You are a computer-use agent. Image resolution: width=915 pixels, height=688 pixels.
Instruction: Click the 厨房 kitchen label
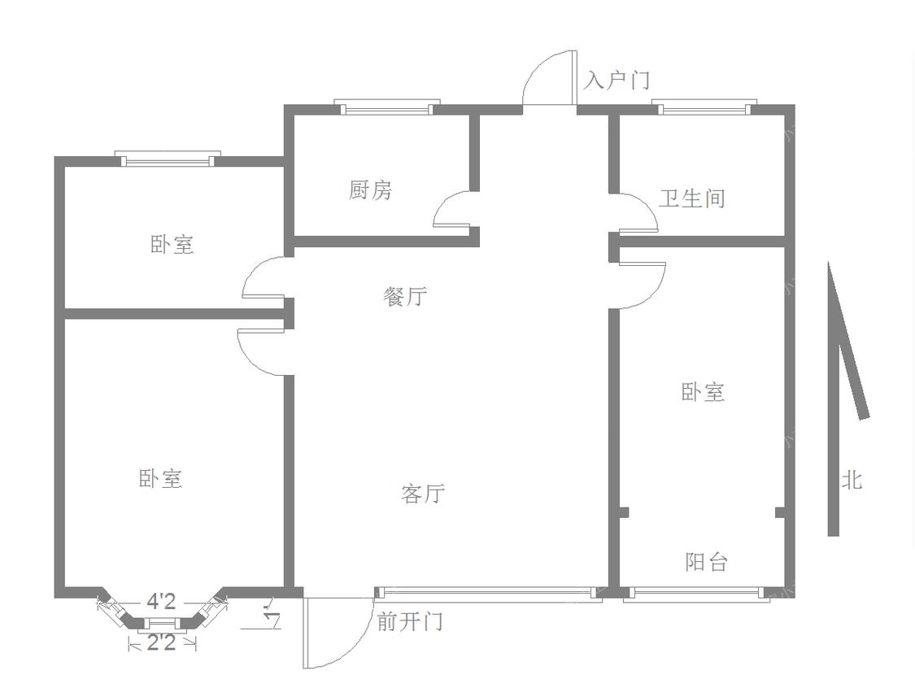point(371,191)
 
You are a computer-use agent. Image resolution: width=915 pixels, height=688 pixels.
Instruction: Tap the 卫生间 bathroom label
point(692,198)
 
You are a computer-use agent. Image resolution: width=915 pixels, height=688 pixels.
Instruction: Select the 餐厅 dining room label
point(405,297)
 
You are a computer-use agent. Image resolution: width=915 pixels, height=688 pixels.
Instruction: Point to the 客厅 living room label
point(423,494)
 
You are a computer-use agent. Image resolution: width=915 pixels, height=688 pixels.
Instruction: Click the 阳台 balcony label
point(707,561)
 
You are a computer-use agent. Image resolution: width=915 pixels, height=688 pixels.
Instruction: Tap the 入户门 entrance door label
point(617,80)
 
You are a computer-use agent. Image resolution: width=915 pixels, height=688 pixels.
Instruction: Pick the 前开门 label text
point(410,621)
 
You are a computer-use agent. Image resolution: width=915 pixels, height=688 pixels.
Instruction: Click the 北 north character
point(852,480)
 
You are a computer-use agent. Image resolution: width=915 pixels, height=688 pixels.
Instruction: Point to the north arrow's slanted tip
point(829,263)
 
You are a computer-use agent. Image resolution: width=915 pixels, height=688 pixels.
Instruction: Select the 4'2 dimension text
point(160,601)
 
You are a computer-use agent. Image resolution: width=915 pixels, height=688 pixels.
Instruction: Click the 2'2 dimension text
point(161,643)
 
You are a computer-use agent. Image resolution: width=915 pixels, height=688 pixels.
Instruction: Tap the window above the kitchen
point(387,107)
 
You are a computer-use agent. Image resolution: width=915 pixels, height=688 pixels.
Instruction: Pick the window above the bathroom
point(704,107)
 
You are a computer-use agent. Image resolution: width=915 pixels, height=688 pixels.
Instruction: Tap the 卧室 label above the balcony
point(704,391)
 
